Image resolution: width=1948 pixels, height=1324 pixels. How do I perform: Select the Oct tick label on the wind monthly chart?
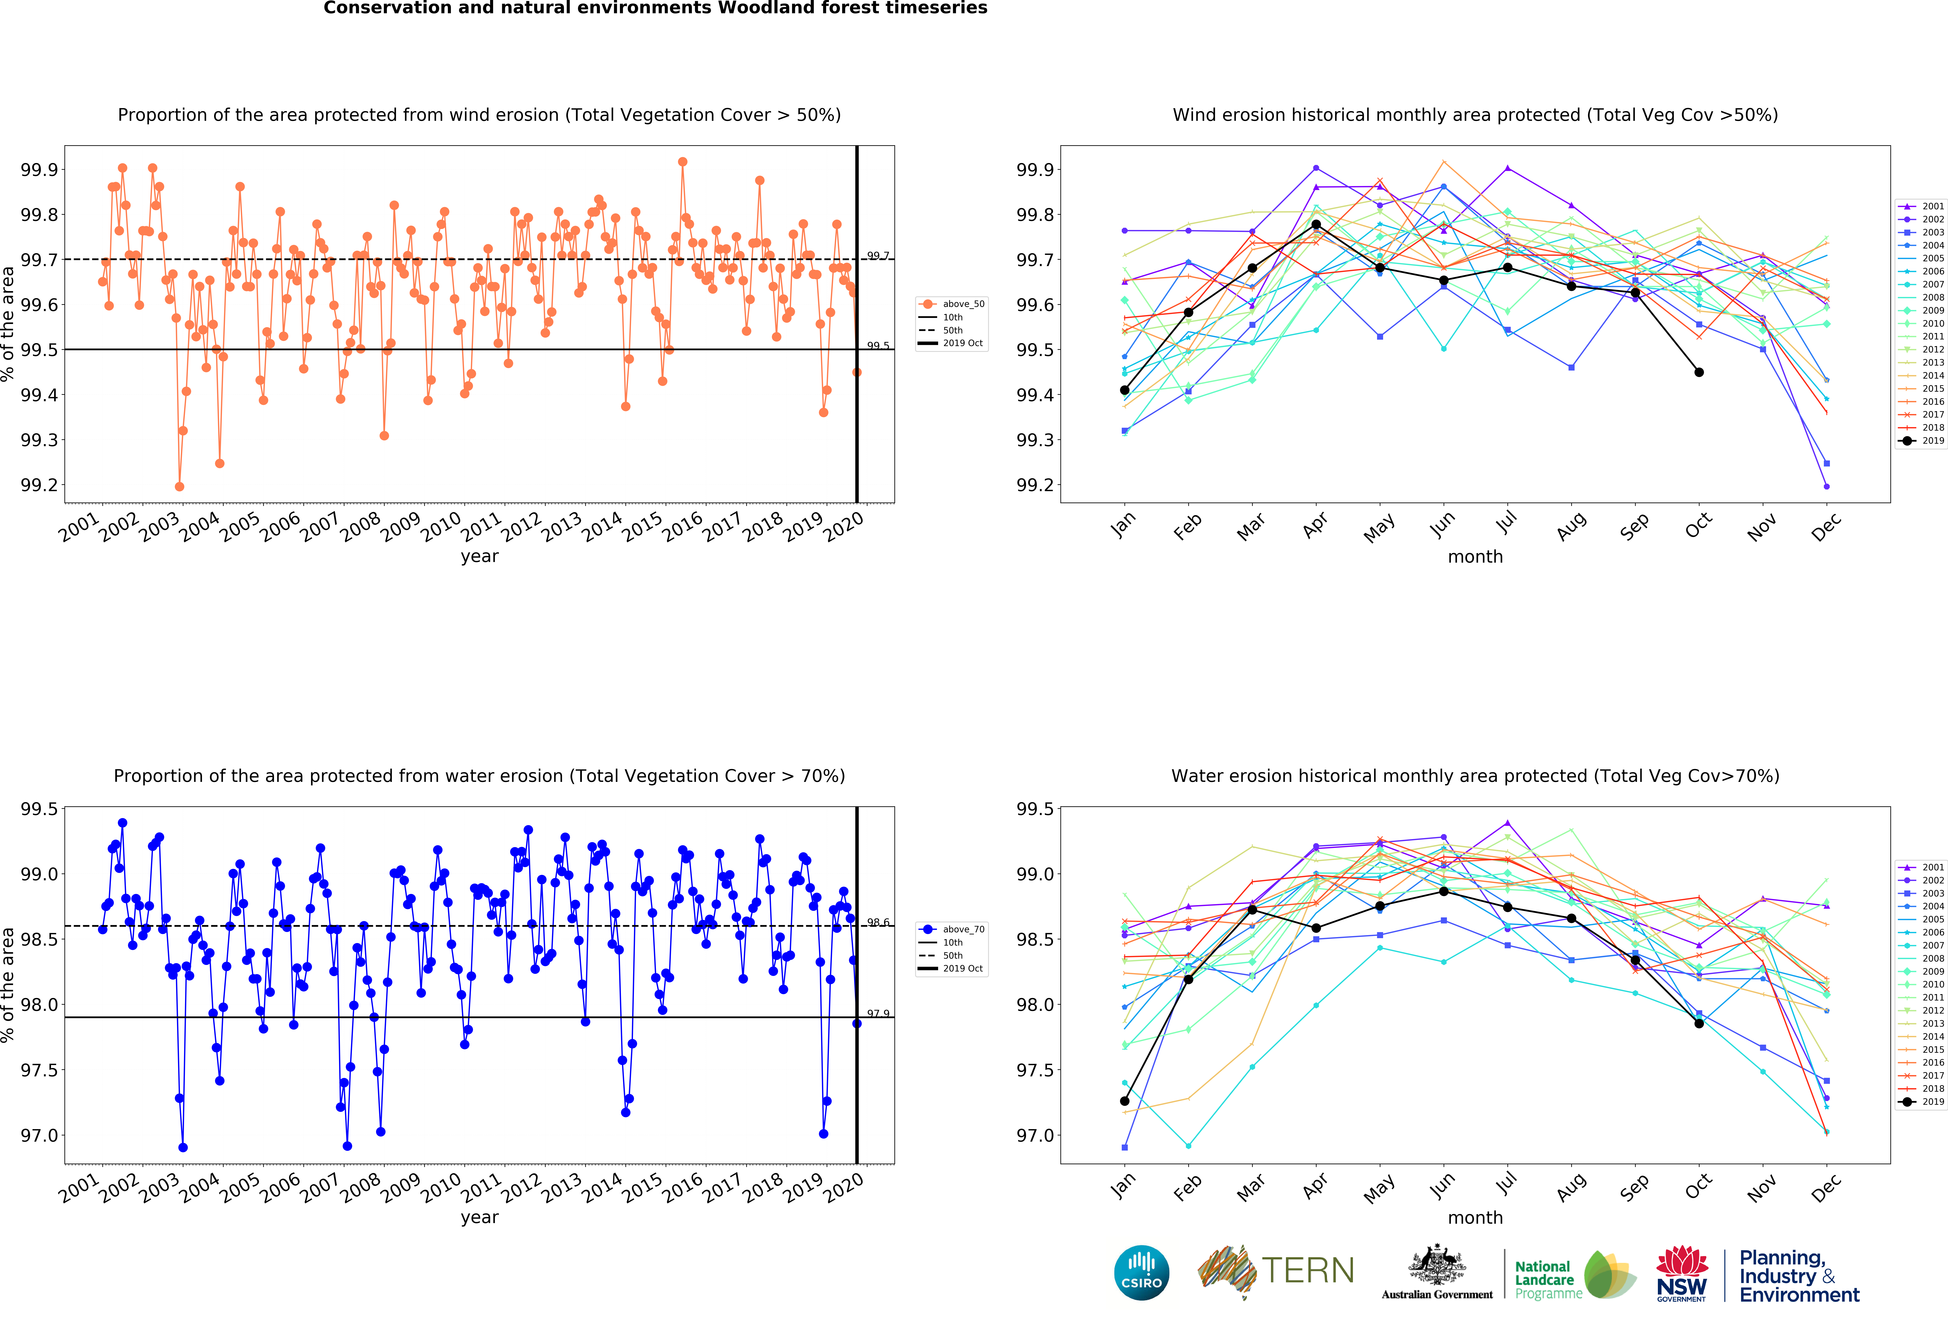click(x=1698, y=526)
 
